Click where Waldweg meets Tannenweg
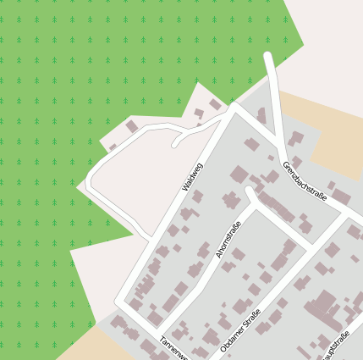(122, 302)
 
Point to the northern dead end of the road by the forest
(268, 57)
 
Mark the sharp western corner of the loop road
(88, 182)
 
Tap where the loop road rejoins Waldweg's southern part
(153, 240)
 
